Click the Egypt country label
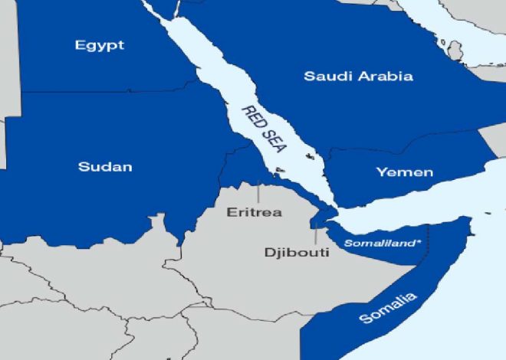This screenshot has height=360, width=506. click(100, 45)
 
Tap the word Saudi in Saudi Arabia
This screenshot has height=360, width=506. click(325, 76)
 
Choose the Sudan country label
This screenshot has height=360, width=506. click(105, 166)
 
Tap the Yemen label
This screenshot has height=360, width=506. click(404, 172)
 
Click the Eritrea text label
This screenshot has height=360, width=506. click(254, 212)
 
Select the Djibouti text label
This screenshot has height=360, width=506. click(296, 252)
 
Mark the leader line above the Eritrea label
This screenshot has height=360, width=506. click(258, 192)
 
